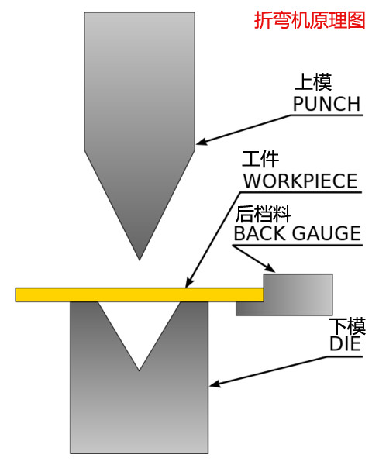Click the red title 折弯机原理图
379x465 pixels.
(309, 20)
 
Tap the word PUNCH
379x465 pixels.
(326, 104)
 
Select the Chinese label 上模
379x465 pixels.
(313, 82)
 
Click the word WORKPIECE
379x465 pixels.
(301, 181)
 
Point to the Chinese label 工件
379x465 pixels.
(260, 159)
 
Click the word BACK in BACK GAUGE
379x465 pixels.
(260, 233)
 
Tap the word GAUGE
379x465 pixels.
(326, 233)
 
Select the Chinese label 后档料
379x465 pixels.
(263, 214)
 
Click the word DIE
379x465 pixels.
(345, 343)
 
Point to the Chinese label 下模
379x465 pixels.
(347, 326)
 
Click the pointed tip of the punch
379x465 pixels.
(140, 260)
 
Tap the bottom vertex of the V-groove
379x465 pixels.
(139, 370)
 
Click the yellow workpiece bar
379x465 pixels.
(140, 294)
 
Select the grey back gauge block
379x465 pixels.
(284, 294)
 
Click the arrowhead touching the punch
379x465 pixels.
(202, 142)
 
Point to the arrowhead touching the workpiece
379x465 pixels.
(188, 283)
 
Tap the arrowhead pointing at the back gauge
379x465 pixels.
(270, 268)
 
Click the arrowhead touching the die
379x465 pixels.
(215, 383)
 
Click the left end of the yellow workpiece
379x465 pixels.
(16, 294)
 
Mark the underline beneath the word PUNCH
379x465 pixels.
(326, 115)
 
